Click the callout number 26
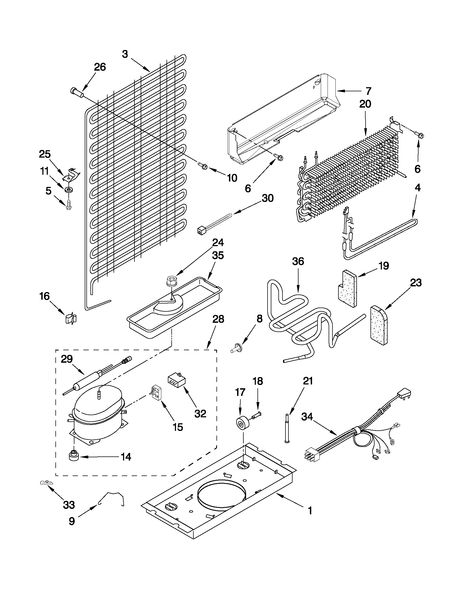100,67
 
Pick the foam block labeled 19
347,288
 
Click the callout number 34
310,417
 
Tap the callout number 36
298,261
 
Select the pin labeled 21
287,431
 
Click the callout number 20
365,104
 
